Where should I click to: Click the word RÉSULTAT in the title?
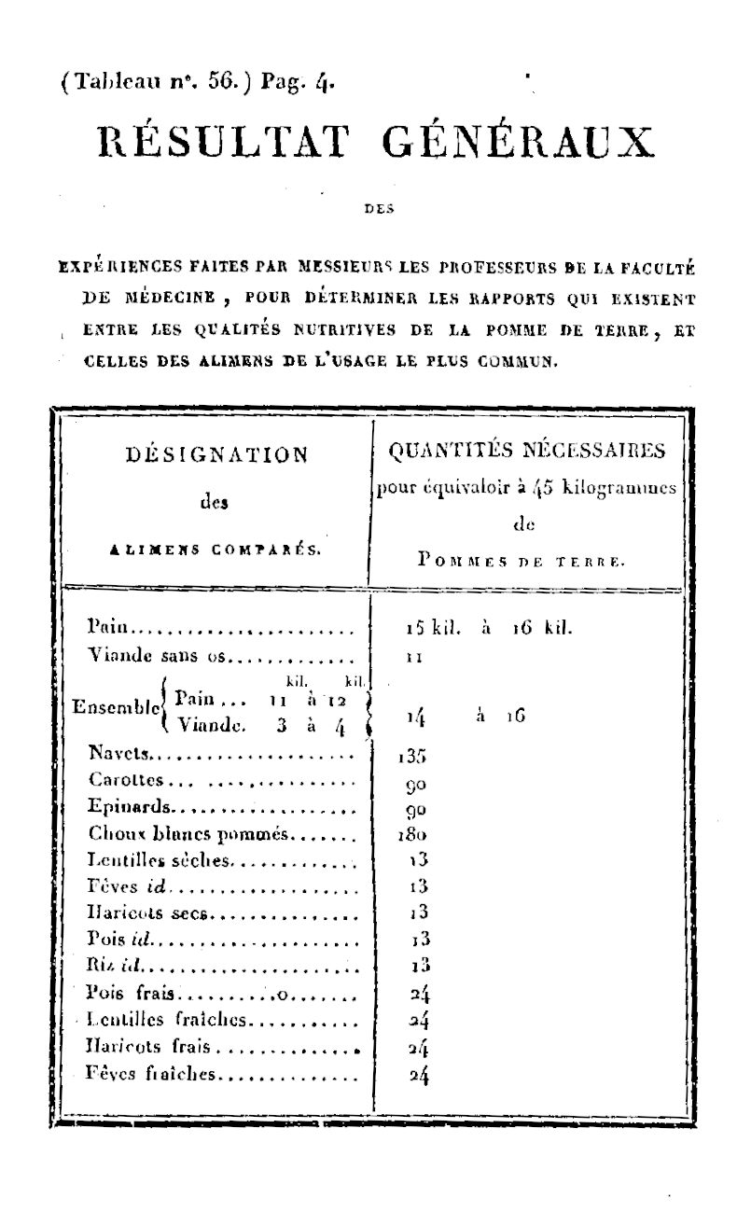224,144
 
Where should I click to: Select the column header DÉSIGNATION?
216,455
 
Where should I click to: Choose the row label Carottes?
127,779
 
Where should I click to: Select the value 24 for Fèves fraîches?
419,1076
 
